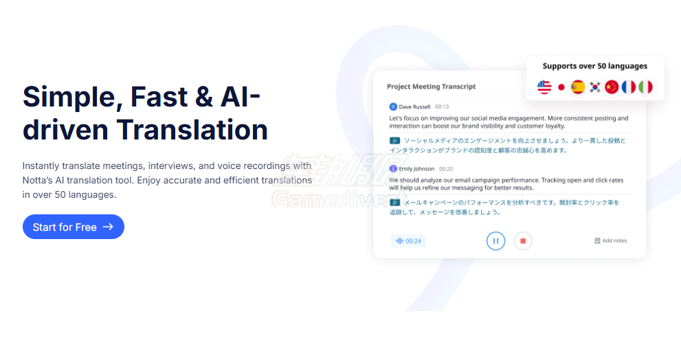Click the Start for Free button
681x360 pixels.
pos(74,227)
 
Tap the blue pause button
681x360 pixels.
pos(495,240)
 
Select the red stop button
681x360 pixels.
pos(523,240)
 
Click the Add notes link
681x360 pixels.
pos(611,240)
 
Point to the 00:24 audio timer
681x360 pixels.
pos(409,241)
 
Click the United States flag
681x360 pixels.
pos(544,87)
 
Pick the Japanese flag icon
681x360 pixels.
pos(561,87)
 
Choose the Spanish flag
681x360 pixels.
pos(578,87)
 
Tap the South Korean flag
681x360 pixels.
pos(594,87)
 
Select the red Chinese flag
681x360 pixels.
pos(612,87)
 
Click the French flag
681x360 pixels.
pos(628,87)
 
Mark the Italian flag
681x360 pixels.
pos(645,87)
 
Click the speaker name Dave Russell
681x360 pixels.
pos(414,107)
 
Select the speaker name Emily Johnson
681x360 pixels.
pos(416,169)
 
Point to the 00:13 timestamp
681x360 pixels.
pos(442,107)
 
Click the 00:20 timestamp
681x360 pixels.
pos(446,169)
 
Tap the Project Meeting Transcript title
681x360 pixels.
pos(432,87)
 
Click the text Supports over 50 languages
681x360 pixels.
pos(595,67)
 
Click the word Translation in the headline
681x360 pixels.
pos(192,129)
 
